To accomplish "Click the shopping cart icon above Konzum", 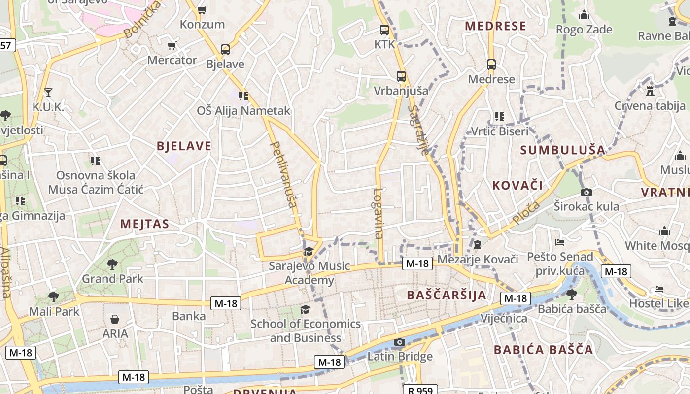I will tap(202, 10).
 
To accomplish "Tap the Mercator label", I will tap(172, 60).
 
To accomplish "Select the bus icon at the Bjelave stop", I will tap(225, 49).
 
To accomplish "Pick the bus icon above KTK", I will tap(384, 30).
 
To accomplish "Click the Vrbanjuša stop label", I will tap(401, 91).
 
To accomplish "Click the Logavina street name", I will tap(378, 214).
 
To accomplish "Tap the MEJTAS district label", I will tap(145, 224).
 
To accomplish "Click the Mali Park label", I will tap(54, 311).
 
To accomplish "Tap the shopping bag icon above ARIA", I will tap(115, 320).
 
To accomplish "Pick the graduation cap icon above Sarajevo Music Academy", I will tap(309, 252).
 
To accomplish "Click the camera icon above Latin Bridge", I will tap(400, 342).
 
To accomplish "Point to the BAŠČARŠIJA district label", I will tap(447, 295).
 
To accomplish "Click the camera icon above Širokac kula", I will tap(586, 192).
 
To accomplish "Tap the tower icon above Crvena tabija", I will tap(650, 91).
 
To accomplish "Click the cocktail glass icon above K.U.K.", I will tap(48, 92).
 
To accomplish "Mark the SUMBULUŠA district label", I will tap(562, 150).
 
